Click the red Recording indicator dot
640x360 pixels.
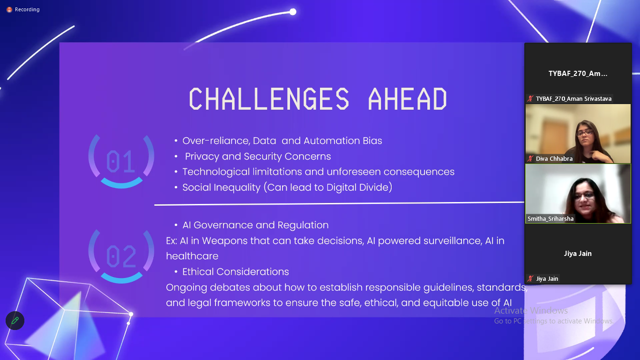9,9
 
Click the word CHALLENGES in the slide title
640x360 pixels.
269,99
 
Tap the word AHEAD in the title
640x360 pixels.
408,99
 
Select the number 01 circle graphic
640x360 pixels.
121,161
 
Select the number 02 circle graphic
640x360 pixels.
121,256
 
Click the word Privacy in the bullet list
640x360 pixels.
202,157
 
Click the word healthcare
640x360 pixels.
192,256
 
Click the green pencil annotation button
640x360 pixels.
15,321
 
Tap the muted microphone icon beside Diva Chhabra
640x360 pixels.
530,159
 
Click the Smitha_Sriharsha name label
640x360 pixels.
551,219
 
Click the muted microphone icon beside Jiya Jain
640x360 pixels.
530,279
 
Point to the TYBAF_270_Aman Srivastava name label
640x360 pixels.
573,98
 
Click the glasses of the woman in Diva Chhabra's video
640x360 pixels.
585,133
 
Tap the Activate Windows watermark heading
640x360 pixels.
531,310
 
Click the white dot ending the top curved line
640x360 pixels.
293,12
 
